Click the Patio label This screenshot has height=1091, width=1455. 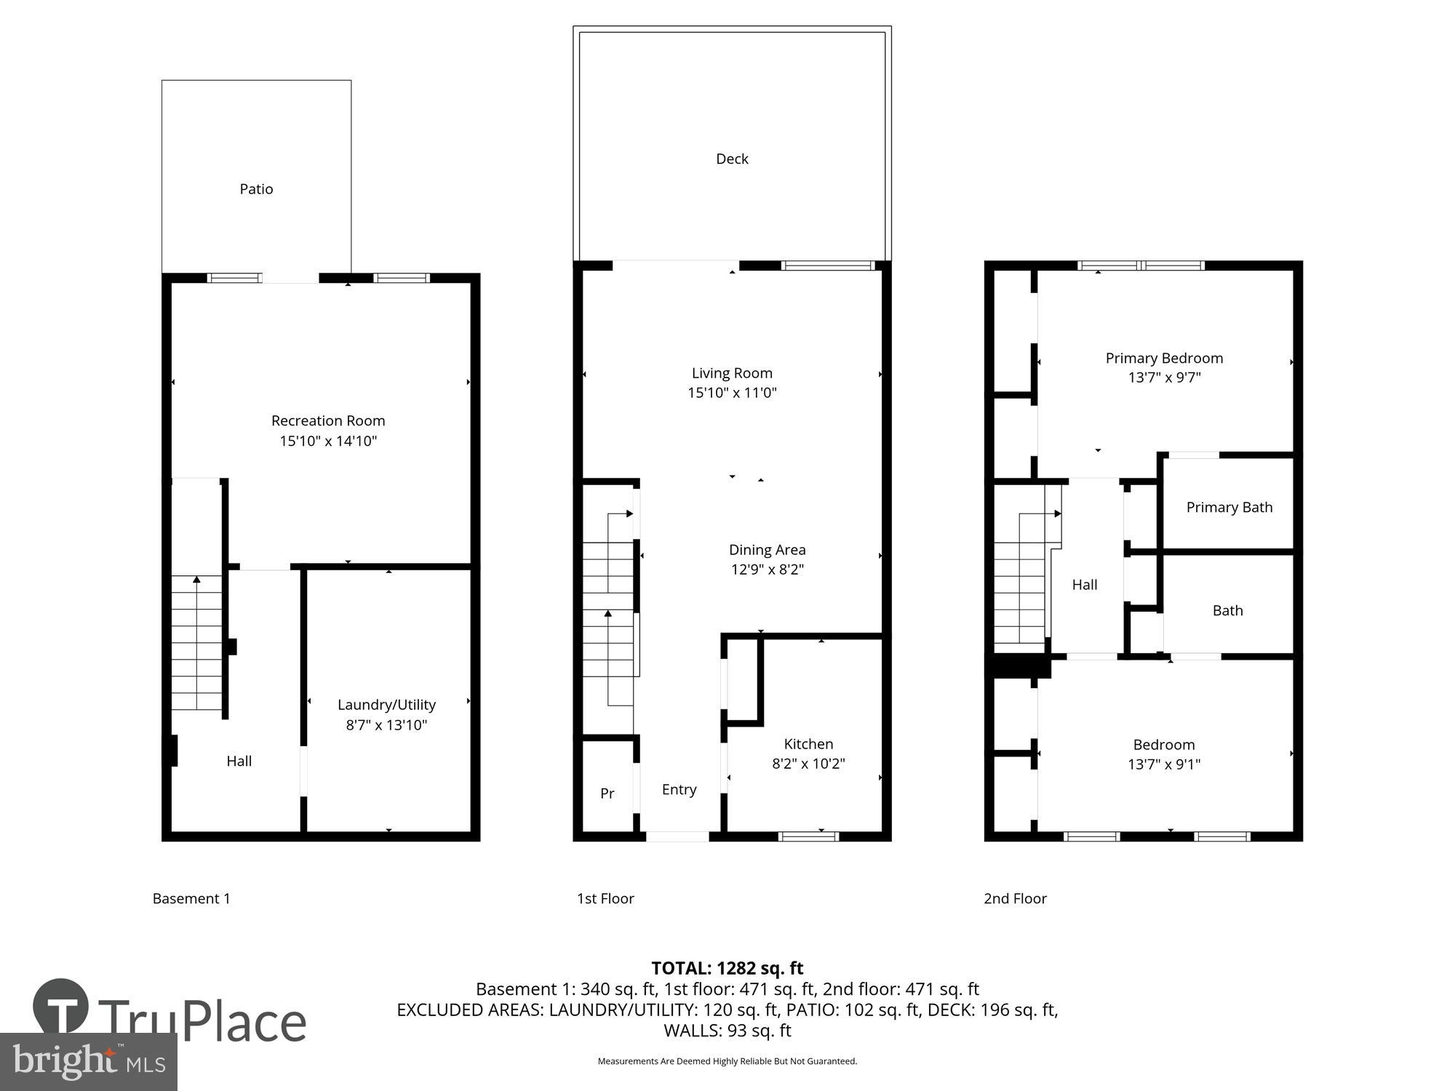[256, 189]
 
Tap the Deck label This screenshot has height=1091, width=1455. [732, 159]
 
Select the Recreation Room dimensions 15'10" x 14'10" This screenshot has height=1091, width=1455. [328, 441]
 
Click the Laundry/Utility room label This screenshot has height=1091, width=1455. [386, 704]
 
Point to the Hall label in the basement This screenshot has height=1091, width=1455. [239, 761]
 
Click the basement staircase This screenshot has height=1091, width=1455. [196, 644]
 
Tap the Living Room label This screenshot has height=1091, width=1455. [732, 373]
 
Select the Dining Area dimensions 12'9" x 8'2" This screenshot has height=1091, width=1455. [767, 570]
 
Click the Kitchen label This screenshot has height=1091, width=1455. [808, 744]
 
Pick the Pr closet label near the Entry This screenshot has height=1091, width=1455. [607, 794]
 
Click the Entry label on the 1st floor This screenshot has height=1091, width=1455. [679, 789]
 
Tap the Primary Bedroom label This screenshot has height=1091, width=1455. [1164, 358]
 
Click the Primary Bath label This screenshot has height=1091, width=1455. [1229, 508]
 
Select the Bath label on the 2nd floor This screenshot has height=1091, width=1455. [1227, 611]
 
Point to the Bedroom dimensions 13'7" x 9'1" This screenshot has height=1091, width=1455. [1164, 764]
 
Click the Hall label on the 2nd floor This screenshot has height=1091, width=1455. [1084, 585]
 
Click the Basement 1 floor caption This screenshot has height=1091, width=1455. [191, 898]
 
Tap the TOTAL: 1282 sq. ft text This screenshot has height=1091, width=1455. [727, 968]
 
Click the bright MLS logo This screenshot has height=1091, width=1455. [88, 1062]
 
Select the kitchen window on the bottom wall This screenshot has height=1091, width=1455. [808, 836]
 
